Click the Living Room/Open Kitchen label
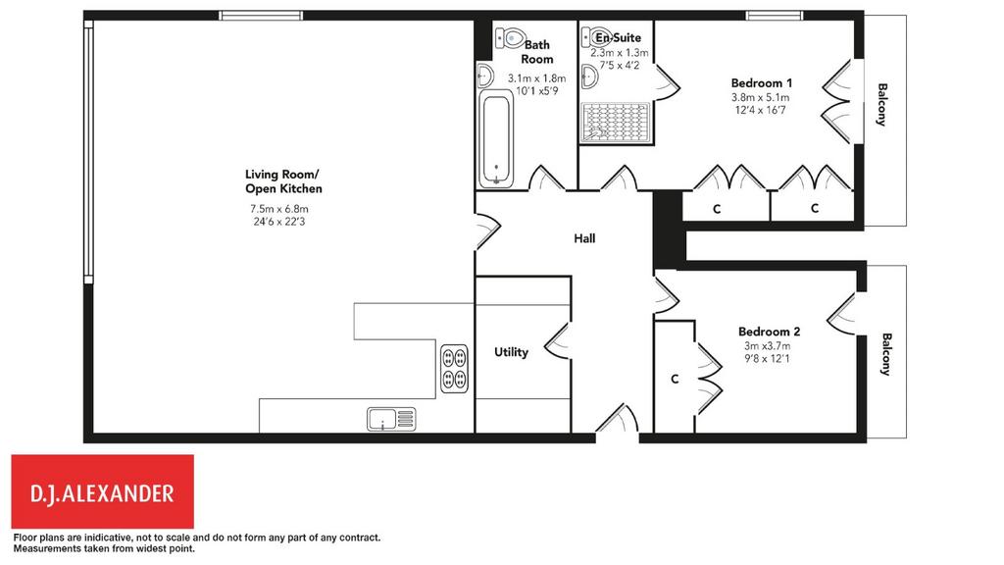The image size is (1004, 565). click(x=283, y=181)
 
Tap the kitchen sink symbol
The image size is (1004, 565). click(x=391, y=419)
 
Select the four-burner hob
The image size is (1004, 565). click(x=454, y=369)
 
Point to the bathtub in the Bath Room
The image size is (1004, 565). click(x=496, y=139)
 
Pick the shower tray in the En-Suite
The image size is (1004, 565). click(x=616, y=123)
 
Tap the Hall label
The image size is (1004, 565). click(x=584, y=239)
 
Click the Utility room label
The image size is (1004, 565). click(x=511, y=352)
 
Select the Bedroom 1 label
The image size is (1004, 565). click(x=761, y=83)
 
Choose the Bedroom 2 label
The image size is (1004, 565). click(x=769, y=332)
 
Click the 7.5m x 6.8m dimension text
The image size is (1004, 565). click(x=279, y=209)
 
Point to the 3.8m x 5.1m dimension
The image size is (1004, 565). click(x=761, y=98)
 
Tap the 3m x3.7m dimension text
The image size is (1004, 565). click(x=767, y=346)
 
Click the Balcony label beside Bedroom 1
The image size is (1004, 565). click(x=882, y=104)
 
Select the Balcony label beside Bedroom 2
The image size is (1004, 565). click(x=886, y=354)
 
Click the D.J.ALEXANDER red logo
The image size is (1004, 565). click(x=102, y=492)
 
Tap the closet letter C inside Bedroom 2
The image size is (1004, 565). click(x=675, y=380)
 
